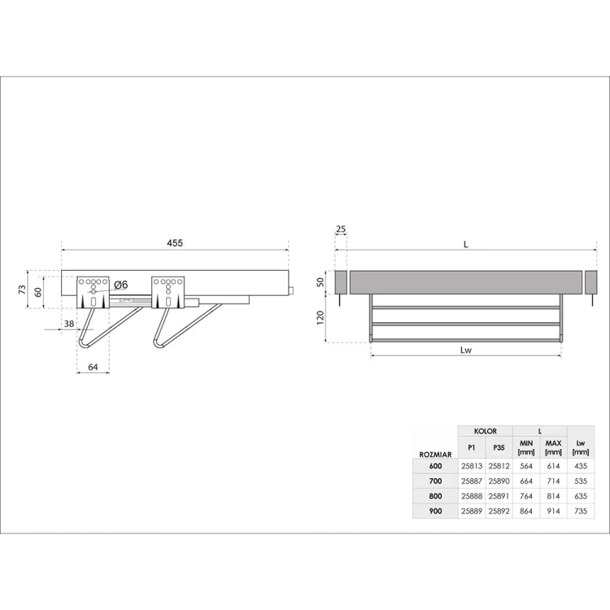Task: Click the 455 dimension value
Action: point(175,243)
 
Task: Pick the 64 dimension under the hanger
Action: point(93,368)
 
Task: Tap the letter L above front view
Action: point(465,243)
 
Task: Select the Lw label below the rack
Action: point(466,351)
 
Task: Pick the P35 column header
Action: point(499,447)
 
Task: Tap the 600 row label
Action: point(436,466)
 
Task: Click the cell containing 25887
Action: point(471,481)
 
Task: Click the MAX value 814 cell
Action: point(553,495)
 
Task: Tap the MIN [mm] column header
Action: point(525,447)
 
